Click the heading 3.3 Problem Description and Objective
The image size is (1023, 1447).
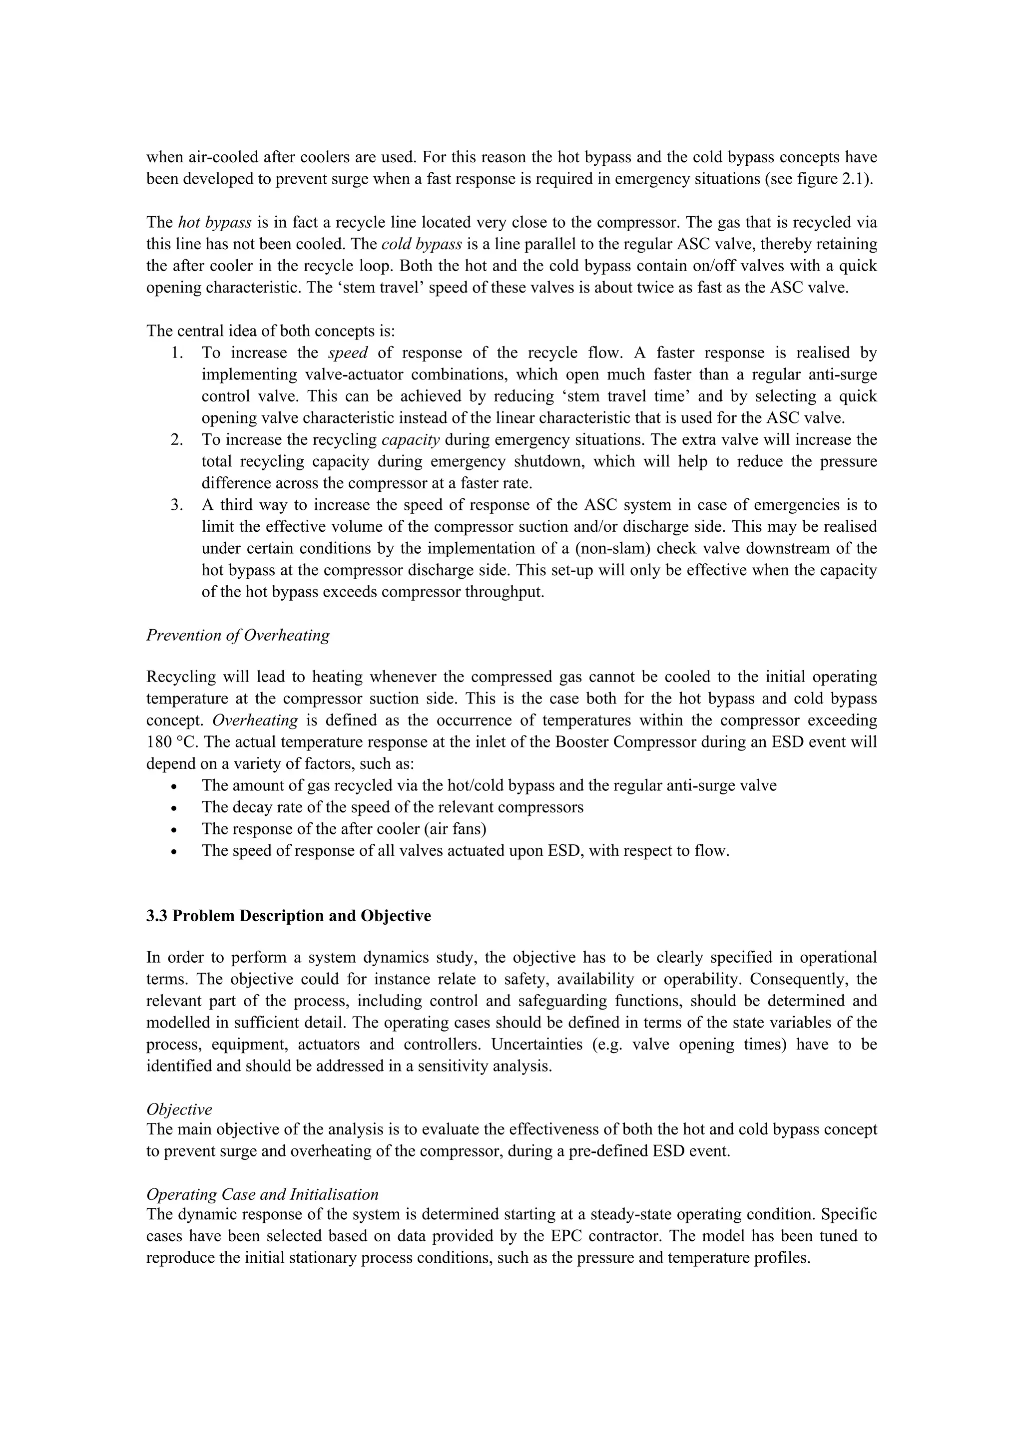289,916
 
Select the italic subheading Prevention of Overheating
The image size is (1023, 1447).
238,635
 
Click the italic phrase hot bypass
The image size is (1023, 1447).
215,223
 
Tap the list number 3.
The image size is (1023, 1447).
176,505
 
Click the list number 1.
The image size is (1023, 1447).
176,353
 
